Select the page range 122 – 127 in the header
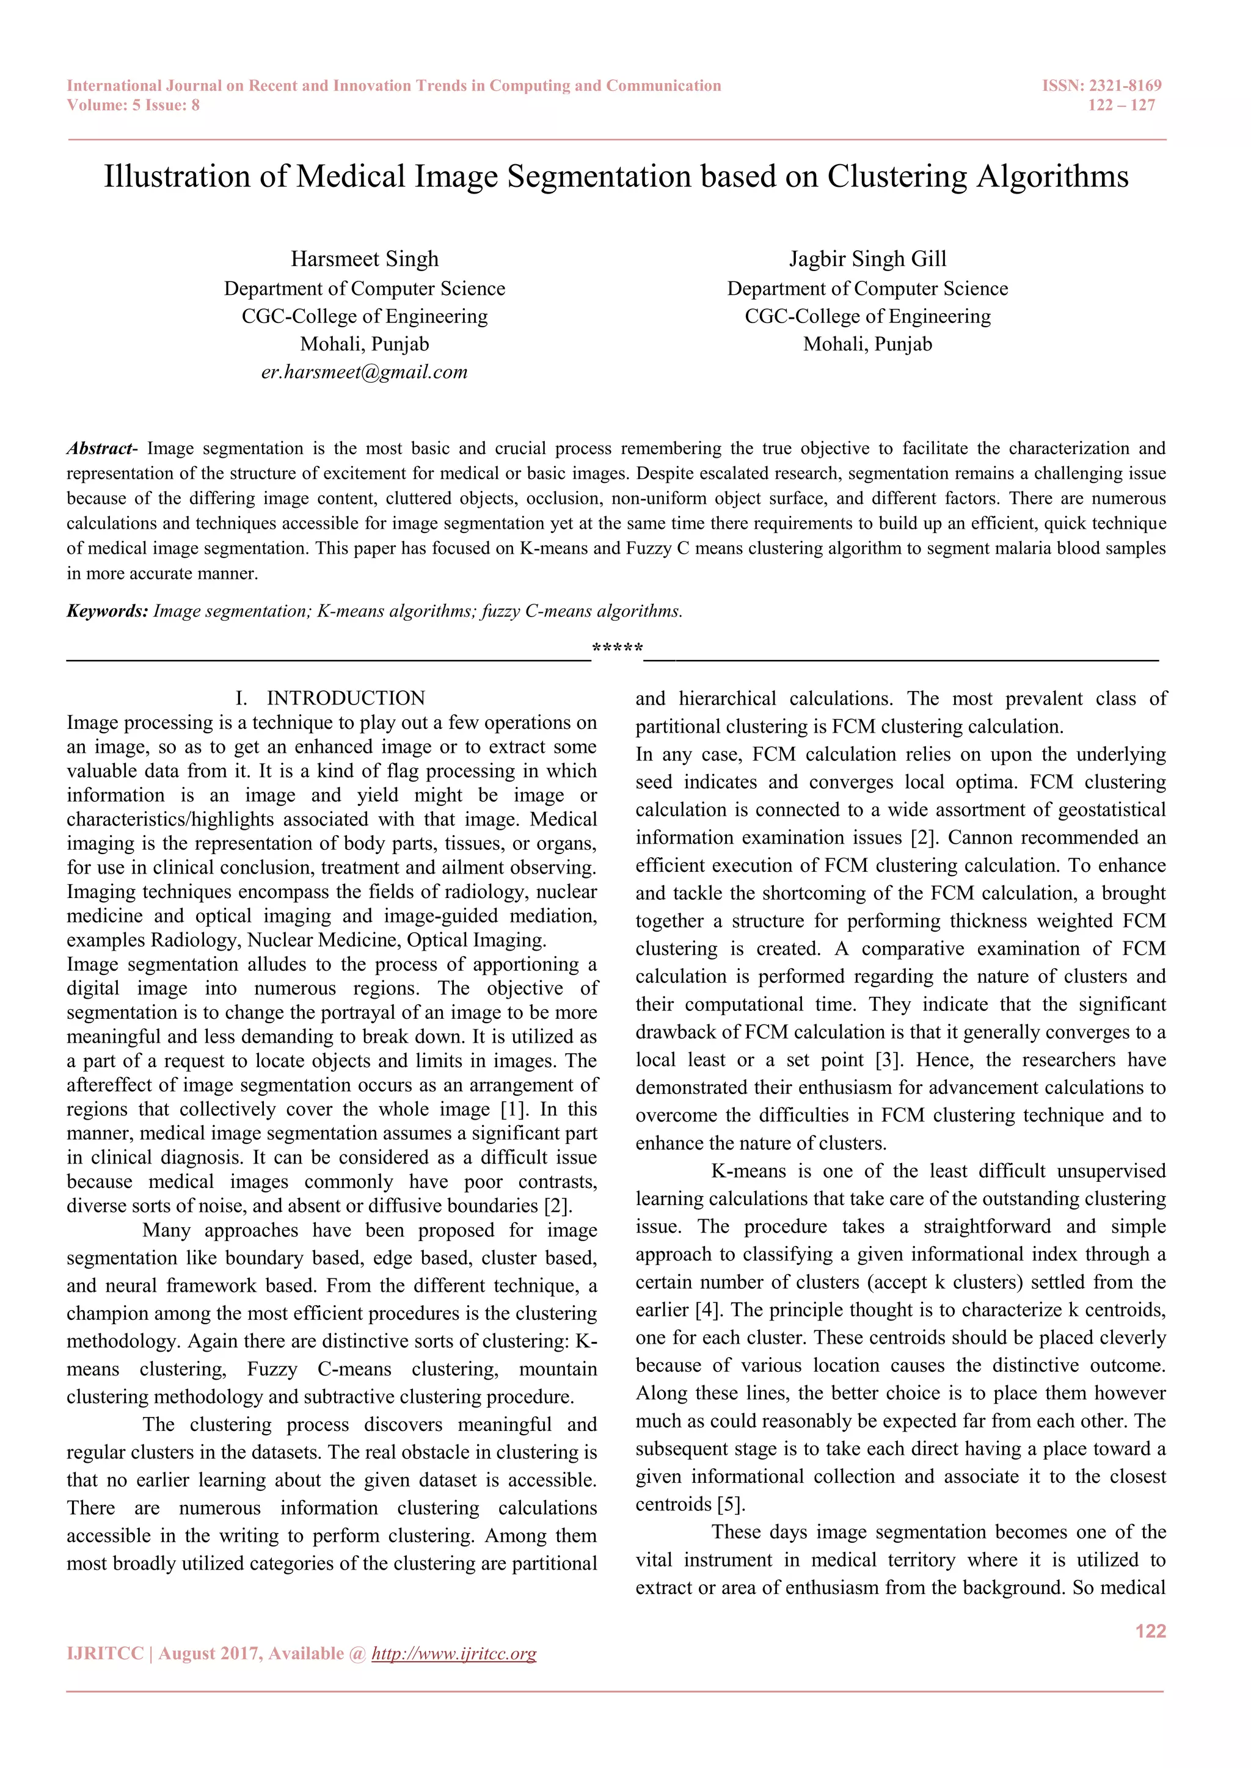(x=1121, y=106)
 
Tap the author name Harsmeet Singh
(x=364, y=259)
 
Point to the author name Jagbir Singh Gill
(x=867, y=259)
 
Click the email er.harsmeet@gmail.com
(x=364, y=372)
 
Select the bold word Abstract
(x=100, y=448)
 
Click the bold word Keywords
(x=107, y=611)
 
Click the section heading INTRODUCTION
(x=345, y=698)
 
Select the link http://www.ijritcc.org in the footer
(x=454, y=1654)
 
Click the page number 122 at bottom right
(x=1150, y=1631)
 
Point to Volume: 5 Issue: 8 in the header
(x=133, y=106)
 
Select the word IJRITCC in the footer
(x=105, y=1654)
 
